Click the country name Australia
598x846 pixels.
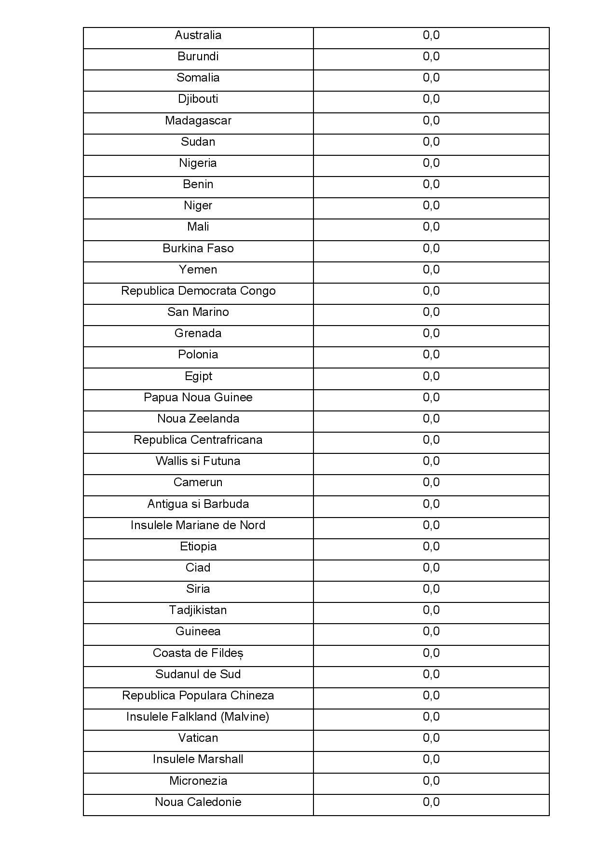pyautogui.click(x=198, y=35)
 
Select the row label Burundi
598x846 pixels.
pyautogui.click(x=198, y=56)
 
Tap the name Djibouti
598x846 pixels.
pyautogui.click(x=198, y=99)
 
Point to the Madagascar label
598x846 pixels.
pyautogui.click(x=198, y=121)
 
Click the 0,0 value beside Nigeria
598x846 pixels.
pyautogui.click(x=431, y=163)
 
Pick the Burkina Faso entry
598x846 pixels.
pyautogui.click(x=198, y=248)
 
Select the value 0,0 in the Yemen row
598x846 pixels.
pyautogui.click(x=431, y=270)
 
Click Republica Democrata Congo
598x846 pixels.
pyautogui.click(x=198, y=291)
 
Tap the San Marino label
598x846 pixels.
pyautogui.click(x=198, y=312)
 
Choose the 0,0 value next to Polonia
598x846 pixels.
pyautogui.click(x=431, y=355)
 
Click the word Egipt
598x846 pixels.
pyautogui.click(x=198, y=376)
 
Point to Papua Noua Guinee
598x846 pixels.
pyautogui.click(x=198, y=397)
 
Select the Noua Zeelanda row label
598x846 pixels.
pyautogui.click(x=198, y=419)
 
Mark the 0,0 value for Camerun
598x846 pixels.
pyautogui.click(x=431, y=482)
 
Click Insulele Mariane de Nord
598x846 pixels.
pyautogui.click(x=198, y=525)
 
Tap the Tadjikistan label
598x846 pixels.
pyautogui.click(x=198, y=610)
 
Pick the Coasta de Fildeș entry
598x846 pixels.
pyautogui.click(x=198, y=653)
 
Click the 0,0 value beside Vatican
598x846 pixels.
pyautogui.click(x=431, y=738)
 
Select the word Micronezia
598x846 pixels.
pyautogui.click(x=198, y=781)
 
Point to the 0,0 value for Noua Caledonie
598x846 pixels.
pyautogui.click(x=431, y=802)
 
